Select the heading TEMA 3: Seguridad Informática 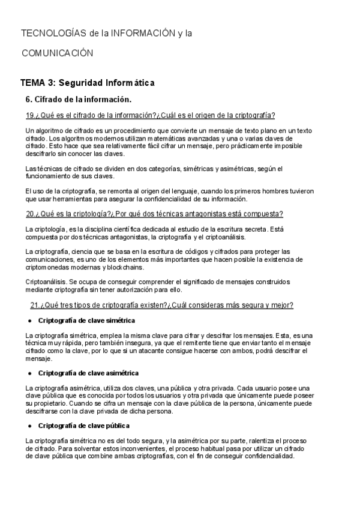tap(88, 82)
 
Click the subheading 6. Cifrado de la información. tap(78, 99)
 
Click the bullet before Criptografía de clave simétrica tap(29, 321)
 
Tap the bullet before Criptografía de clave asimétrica tap(29, 373)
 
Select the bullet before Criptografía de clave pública tap(29, 426)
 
